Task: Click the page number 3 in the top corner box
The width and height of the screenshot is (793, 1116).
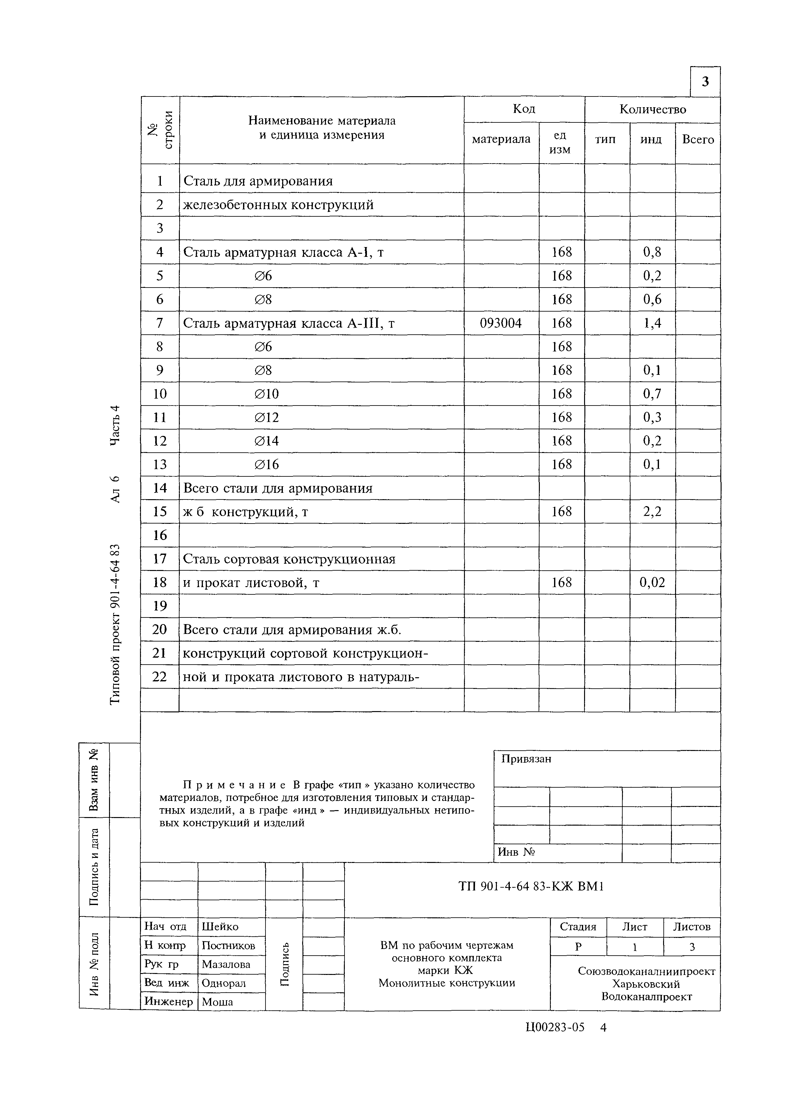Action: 705,82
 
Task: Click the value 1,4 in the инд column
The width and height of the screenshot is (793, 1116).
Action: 652,323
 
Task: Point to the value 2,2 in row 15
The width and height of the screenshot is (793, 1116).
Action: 652,512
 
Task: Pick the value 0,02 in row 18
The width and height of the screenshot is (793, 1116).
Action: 652,582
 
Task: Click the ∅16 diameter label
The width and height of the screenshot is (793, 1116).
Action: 267,464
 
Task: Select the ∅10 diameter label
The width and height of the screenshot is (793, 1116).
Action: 267,394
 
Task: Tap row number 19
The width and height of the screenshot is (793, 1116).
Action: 160,606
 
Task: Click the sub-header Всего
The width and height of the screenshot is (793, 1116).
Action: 698,140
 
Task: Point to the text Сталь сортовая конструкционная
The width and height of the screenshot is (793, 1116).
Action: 289,559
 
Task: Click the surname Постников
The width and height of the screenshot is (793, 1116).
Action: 228,945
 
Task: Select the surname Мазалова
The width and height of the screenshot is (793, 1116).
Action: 226,964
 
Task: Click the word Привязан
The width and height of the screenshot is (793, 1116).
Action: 526,759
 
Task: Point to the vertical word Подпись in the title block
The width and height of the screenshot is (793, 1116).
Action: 284,964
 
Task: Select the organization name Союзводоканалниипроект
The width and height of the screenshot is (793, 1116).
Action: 647,971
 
